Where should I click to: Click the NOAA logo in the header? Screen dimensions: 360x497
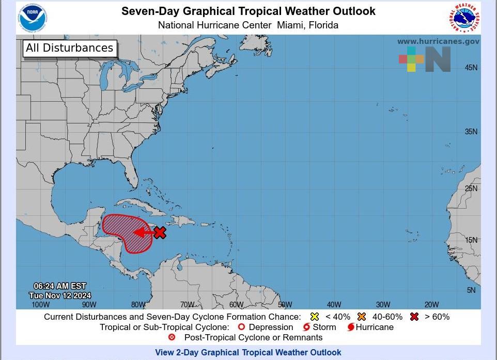coord(33,17)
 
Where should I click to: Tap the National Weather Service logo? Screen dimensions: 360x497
coord(463,18)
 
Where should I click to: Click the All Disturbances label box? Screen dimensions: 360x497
coord(70,49)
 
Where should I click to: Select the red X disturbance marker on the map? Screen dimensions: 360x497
coord(160,232)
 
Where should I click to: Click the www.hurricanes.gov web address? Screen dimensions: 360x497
coord(438,41)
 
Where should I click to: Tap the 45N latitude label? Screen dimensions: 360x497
coord(471,68)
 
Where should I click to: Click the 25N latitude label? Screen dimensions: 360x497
coord(471,189)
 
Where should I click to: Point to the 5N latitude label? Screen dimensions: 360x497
coord(472,290)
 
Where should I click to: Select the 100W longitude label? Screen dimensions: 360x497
coord(40,304)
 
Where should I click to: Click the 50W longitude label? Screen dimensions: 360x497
coord(285,304)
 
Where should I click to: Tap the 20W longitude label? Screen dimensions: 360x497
coord(431,304)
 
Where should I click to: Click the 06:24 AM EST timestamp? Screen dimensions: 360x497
coord(60,286)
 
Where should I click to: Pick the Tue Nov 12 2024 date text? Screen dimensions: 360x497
coord(60,295)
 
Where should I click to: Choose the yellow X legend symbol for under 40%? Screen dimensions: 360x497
coord(315,317)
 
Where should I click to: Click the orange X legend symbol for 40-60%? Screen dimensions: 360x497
coord(361,317)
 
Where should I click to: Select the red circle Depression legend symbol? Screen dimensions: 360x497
coord(240,327)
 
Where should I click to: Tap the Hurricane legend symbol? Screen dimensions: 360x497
coord(351,327)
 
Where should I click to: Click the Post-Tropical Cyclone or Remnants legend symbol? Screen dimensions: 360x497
coord(172,337)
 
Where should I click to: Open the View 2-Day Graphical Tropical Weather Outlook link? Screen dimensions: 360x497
coord(248,353)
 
